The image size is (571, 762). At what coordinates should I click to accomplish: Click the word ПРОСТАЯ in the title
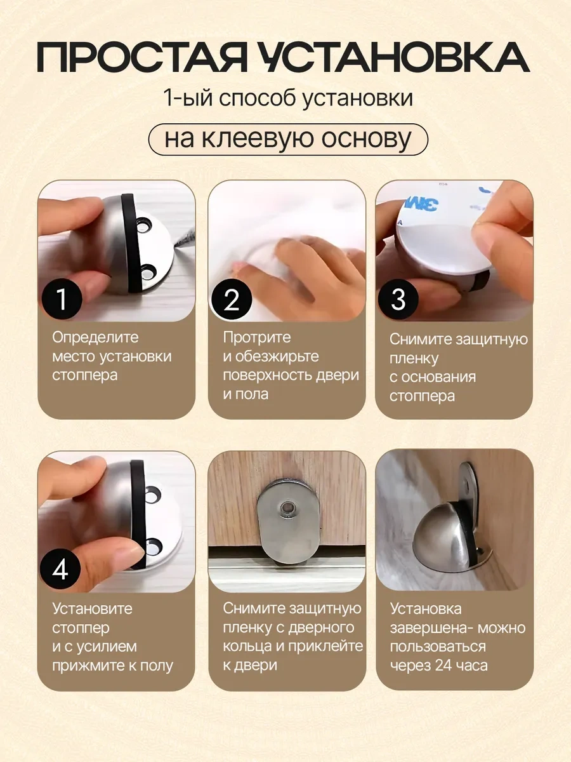pyautogui.click(x=141, y=57)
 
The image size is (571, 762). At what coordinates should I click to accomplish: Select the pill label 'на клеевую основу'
pyautogui.click(x=288, y=140)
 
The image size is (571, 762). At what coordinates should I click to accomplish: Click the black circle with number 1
pyautogui.click(x=62, y=299)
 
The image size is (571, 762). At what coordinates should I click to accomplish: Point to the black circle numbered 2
pyautogui.click(x=232, y=299)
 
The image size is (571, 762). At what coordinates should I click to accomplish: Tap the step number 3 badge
pyautogui.click(x=398, y=299)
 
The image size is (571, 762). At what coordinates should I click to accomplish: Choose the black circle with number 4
pyautogui.click(x=60, y=569)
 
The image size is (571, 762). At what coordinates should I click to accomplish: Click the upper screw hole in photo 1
pyautogui.click(x=144, y=225)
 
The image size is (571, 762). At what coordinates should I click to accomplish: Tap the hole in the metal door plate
pyautogui.click(x=287, y=508)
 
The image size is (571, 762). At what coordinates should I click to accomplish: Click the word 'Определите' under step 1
pyautogui.click(x=95, y=338)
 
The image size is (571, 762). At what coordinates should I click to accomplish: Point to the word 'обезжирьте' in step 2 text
pyautogui.click(x=277, y=357)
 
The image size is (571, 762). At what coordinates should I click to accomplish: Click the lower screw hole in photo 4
pyautogui.click(x=154, y=548)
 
